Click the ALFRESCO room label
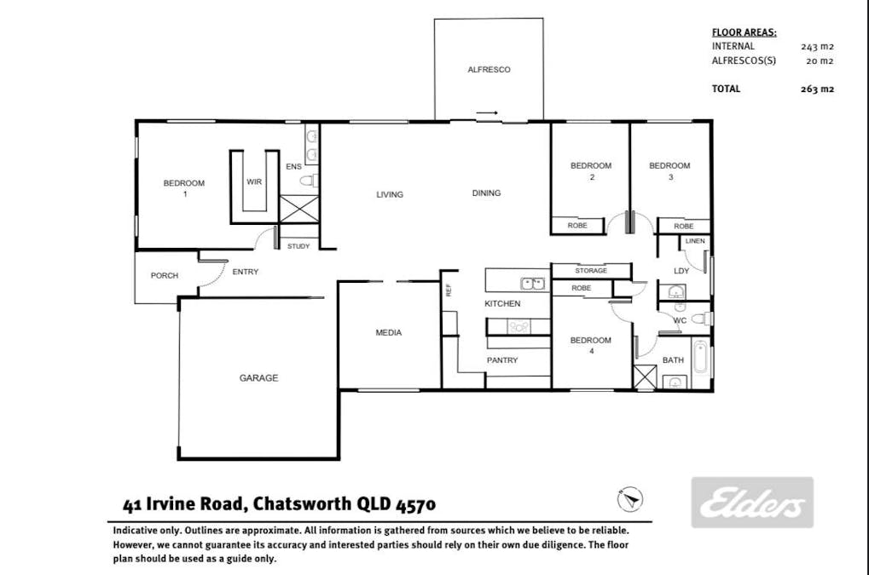[489, 70]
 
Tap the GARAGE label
[258, 378]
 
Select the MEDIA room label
[389, 332]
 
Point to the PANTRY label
[502, 360]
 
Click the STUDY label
[298, 246]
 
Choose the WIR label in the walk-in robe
[254, 181]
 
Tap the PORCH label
[165, 276]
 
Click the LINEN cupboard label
[695, 241]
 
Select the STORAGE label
[591, 271]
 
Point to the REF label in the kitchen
[449, 290]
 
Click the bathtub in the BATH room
[699, 358]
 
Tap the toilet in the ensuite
[309, 181]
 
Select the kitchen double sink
[532, 284]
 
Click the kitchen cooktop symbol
[519, 327]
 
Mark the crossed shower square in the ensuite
[298, 209]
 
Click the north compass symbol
[630, 499]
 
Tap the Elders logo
[752, 503]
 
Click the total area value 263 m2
[817, 89]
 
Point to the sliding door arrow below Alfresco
[487, 113]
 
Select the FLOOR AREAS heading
[744, 32]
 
